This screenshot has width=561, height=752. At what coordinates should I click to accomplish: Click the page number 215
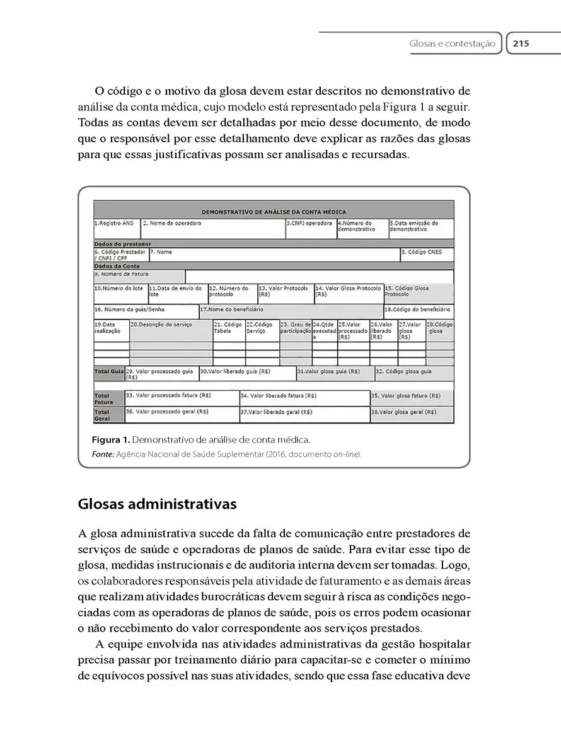coord(520,43)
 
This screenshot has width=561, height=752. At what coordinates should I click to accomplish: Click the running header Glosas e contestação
coord(452,44)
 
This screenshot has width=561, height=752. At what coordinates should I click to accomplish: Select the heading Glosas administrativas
coord(157,504)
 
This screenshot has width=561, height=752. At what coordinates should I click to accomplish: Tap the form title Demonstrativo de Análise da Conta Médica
coord(274,212)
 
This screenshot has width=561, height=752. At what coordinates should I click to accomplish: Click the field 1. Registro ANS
coord(114,223)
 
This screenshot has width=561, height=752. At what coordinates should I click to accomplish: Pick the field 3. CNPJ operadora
coord(309,223)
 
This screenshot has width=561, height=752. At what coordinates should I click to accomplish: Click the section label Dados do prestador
coord(123,243)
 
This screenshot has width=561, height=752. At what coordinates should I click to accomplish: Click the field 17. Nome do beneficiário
coord(232,309)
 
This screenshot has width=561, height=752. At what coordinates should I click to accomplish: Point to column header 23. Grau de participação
coord(296,327)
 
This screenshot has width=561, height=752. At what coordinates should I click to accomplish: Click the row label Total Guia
coord(108,372)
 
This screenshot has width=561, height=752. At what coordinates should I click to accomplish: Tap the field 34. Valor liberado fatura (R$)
coord(278,396)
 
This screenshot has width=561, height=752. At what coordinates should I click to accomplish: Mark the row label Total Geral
coord(102,415)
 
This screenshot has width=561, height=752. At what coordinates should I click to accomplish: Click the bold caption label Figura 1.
coord(110,439)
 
